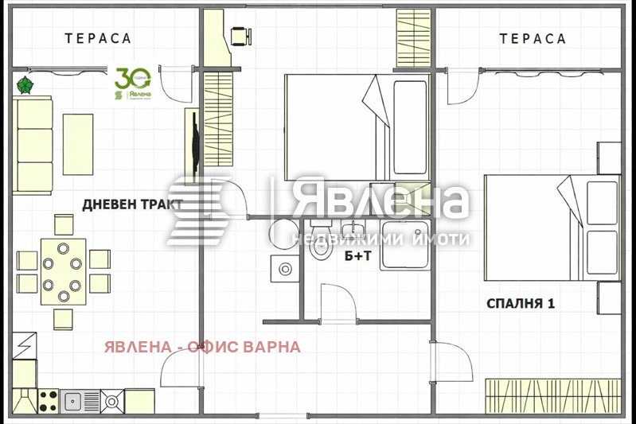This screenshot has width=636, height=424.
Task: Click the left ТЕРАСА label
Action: point(98,38)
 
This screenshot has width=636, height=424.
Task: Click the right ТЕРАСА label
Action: point(533,38)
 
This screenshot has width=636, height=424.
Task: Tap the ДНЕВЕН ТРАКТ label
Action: point(133,204)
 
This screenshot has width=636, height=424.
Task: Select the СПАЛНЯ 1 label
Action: point(521,303)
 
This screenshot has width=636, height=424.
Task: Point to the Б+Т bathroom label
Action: point(357,256)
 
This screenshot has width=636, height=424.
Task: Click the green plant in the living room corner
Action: point(25,84)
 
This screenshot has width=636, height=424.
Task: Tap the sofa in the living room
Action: point(33,145)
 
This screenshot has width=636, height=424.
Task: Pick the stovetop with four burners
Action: point(46,400)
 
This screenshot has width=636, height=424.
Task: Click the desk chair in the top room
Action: point(239,35)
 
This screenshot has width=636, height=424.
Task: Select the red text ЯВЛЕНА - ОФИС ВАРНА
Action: point(201,347)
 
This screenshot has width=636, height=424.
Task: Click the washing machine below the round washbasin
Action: point(284,270)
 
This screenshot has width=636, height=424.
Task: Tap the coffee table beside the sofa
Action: point(77,144)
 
